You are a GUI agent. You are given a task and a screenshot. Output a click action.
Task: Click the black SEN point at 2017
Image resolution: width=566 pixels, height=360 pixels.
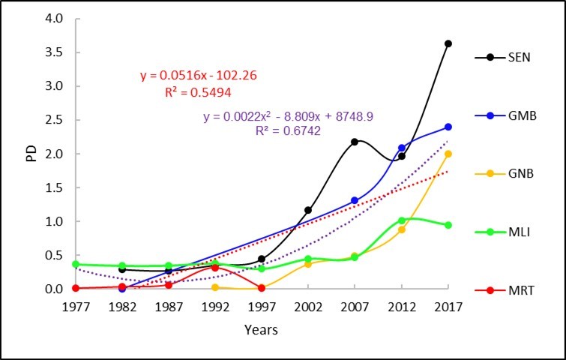pos(448,43)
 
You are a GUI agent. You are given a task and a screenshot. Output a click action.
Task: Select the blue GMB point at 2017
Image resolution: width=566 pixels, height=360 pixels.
pos(448,127)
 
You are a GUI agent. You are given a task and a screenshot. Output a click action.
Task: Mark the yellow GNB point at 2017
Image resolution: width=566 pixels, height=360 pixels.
pos(448,154)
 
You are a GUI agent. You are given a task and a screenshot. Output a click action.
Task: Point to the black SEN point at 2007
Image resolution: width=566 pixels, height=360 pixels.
pos(355,141)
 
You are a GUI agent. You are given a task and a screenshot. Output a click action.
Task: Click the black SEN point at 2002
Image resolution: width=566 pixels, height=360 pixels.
pos(308,210)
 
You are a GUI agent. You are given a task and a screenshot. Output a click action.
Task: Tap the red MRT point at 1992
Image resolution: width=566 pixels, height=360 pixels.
pos(215,267)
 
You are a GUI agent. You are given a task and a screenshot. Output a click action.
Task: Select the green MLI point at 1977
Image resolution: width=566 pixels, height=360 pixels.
pos(76,264)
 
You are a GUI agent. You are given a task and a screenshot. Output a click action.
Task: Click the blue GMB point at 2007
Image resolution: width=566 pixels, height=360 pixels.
pos(355,200)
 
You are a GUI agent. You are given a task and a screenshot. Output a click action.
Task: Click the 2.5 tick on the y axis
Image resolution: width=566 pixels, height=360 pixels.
pos(54,120)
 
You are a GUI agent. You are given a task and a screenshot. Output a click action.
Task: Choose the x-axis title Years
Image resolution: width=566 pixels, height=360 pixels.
pos(261,330)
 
